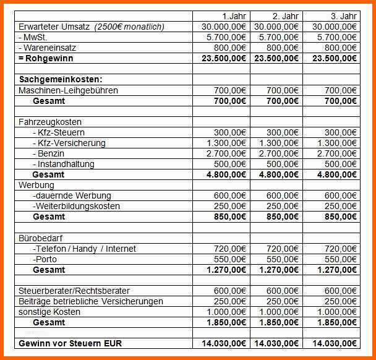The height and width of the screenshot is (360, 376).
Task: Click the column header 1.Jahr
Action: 234,15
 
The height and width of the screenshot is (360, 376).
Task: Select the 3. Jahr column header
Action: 343,15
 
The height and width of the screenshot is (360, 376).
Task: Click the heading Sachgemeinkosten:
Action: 61,79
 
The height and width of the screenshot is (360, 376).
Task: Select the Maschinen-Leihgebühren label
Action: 68,90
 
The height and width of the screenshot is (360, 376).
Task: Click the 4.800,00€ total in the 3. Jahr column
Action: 336,174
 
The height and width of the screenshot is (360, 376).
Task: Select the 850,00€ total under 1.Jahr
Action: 228,217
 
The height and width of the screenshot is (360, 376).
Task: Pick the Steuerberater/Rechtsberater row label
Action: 74,291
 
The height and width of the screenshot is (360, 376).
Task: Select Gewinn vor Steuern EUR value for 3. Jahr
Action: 335,343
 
